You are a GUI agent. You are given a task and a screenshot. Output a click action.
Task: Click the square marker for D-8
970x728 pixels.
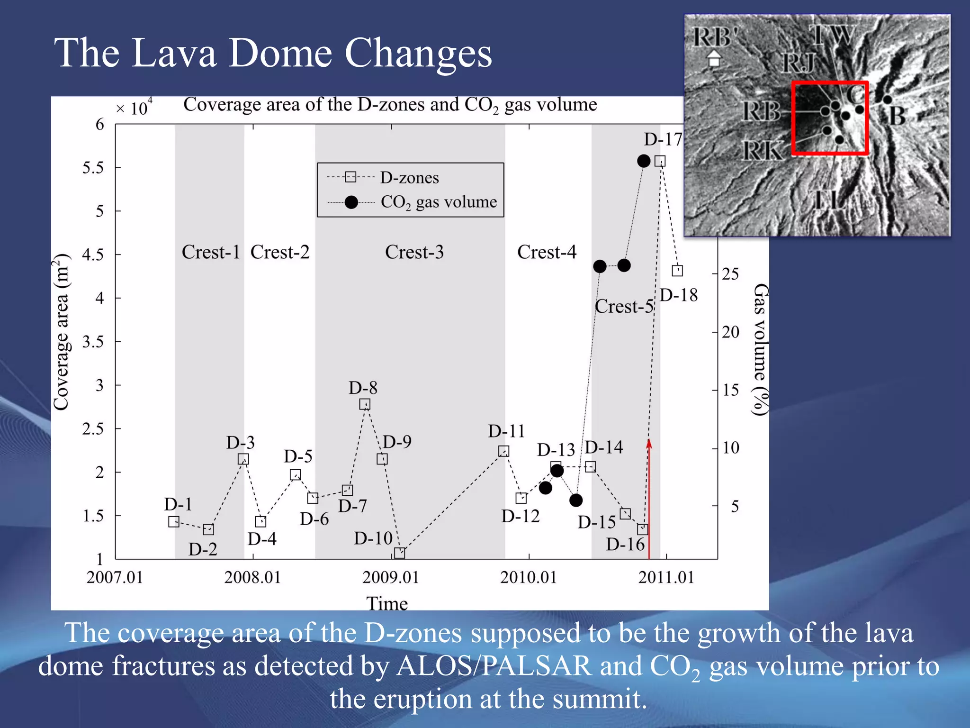(x=365, y=404)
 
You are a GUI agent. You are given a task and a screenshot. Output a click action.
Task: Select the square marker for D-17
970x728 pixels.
(x=660, y=161)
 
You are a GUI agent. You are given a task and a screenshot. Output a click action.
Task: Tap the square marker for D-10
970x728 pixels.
(x=400, y=553)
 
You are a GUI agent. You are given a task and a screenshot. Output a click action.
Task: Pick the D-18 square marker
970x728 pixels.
(x=677, y=271)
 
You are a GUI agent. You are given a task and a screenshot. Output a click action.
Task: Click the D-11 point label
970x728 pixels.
(x=507, y=431)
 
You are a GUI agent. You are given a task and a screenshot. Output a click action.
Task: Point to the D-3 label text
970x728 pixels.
(x=241, y=443)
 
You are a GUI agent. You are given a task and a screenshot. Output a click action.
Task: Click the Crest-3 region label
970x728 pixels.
(x=414, y=252)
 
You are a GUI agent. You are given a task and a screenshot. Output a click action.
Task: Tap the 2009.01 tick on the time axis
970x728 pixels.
(x=391, y=577)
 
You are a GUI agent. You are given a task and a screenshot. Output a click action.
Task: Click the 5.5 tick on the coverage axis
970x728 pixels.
(x=93, y=167)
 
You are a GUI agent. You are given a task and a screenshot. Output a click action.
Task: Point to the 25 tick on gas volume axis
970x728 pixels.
(x=730, y=274)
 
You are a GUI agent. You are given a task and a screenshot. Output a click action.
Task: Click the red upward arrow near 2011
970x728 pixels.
(x=649, y=498)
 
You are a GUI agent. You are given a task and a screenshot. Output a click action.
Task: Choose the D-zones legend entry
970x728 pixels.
(x=410, y=178)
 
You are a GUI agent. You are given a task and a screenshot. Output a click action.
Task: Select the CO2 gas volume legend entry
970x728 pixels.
(x=439, y=202)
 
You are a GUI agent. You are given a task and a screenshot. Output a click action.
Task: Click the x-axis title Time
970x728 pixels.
(x=387, y=603)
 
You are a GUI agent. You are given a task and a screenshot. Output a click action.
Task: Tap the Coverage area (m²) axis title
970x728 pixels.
(x=62, y=332)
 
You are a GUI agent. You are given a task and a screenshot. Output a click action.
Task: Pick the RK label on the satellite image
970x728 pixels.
(x=762, y=151)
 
